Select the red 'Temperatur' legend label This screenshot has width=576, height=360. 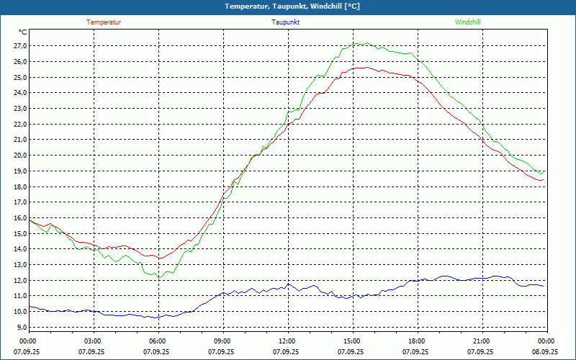coord(104,22)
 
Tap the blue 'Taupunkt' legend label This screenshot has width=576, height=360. coord(286,22)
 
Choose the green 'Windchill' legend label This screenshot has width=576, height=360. coord(467,22)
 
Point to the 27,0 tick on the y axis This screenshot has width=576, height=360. coord(19,46)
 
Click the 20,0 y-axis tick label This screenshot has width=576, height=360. coord(19,156)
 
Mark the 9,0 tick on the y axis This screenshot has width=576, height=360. coord(21,328)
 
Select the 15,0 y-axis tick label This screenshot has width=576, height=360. coord(19,234)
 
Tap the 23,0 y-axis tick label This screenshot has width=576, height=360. coord(19,109)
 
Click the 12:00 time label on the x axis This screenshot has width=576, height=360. coord(287,341)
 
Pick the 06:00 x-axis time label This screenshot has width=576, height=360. coord(158,341)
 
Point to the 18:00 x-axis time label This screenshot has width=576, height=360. coord(417,341)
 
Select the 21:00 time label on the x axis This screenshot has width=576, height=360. coord(482,341)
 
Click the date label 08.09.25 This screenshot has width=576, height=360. coord(545,352)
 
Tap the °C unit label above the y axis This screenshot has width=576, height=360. coord(23,32)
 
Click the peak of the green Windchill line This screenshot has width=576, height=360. coord(366,43)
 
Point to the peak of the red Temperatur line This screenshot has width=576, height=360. coord(366,67)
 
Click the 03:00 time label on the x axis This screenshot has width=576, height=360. coord(93,341)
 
